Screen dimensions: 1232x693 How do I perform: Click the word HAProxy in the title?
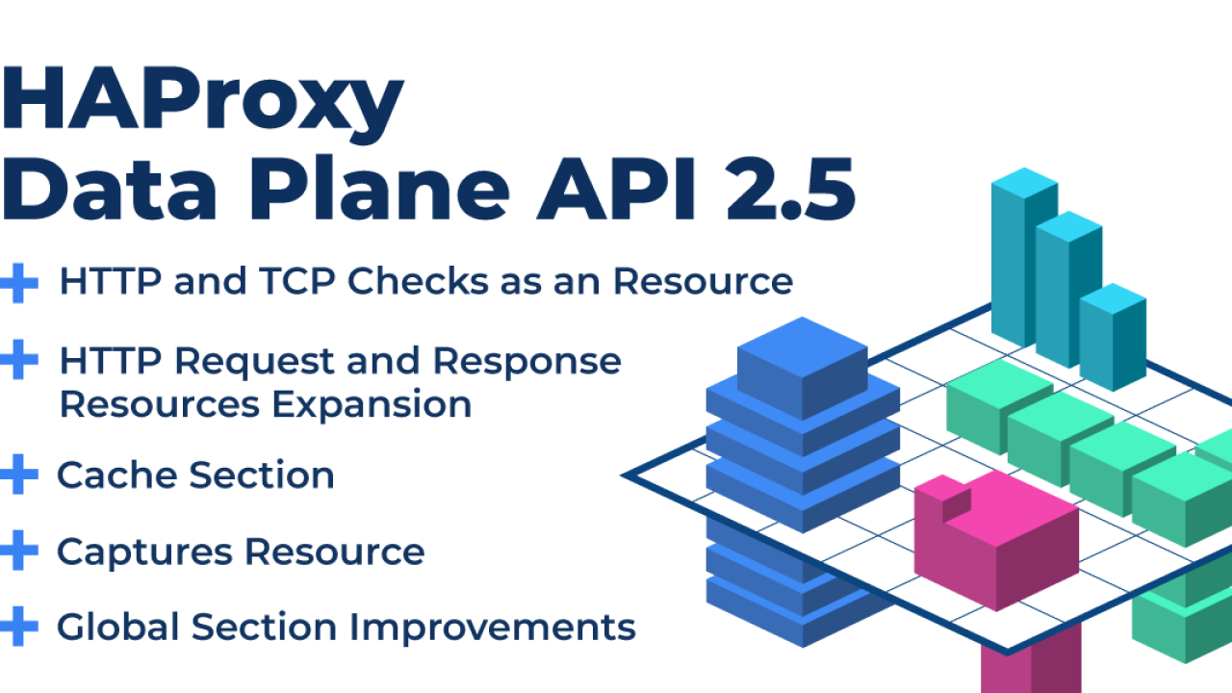202,105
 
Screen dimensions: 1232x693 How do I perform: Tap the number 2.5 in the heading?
791,189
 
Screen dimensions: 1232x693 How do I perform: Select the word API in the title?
617,189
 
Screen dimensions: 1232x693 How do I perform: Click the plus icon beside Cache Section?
19,475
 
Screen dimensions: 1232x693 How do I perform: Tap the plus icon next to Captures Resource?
19,550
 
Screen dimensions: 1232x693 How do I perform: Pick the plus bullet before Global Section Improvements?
19,626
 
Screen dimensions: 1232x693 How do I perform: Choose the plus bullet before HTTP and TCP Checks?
19,283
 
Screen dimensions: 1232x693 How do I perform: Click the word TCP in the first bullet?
297,281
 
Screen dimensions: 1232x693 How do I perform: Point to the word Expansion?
372,404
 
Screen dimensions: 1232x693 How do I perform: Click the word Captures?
144,552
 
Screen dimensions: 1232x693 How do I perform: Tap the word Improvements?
492,627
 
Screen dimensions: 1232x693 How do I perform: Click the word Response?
526,363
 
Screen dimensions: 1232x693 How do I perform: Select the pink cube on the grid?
996,542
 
